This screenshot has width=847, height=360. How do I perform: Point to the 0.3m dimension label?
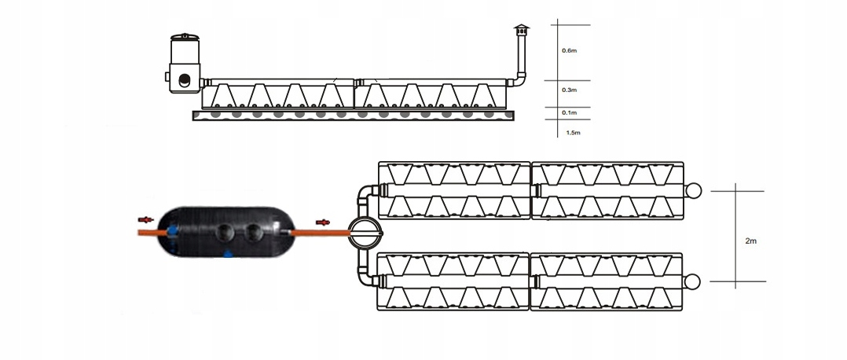coord(570,90)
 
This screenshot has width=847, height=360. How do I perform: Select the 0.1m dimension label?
coord(570,113)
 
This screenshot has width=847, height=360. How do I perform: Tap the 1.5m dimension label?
coord(573,133)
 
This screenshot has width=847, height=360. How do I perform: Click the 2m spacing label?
coord(750,242)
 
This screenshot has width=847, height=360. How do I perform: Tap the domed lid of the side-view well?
coord(185,36)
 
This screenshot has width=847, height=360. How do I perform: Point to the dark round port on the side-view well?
coord(185,79)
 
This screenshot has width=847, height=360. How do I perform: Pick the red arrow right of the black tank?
coord(322,222)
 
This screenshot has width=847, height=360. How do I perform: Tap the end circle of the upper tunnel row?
coord(695,190)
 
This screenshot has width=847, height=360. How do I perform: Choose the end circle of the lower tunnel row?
coord(695,281)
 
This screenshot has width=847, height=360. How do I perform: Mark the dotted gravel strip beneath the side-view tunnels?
coord(354,115)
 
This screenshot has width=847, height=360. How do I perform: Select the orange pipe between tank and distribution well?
coord(322,233)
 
